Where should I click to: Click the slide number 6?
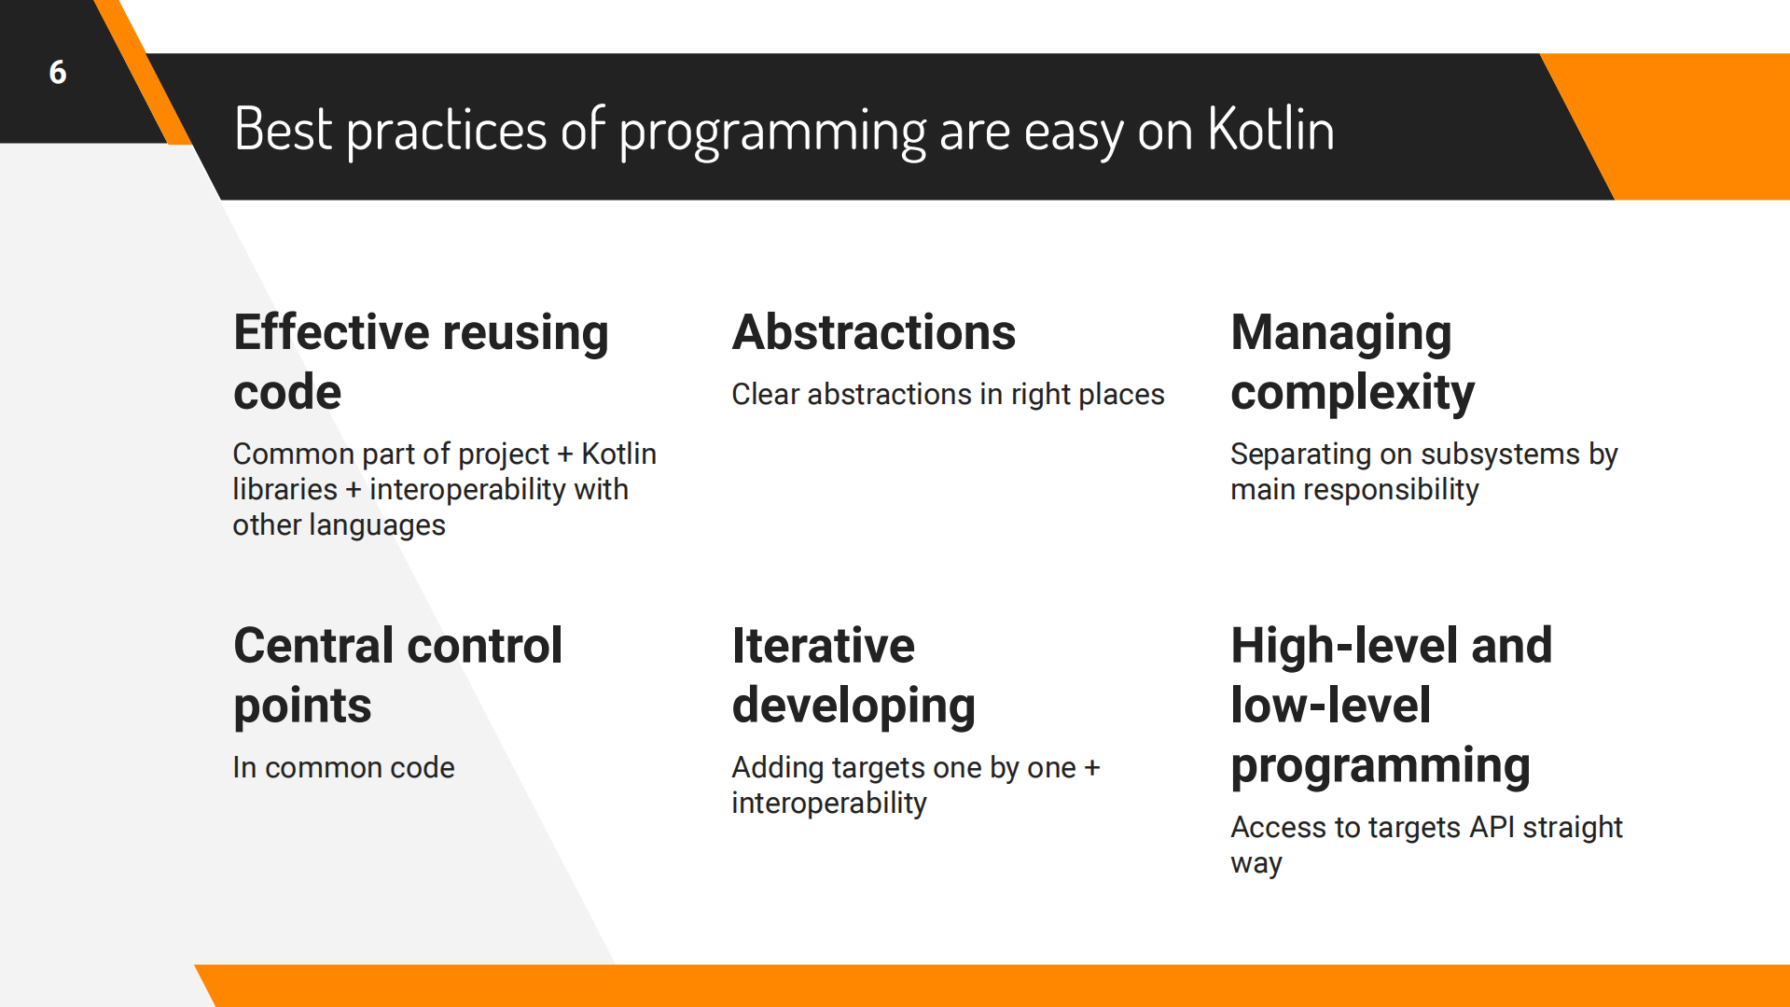58,72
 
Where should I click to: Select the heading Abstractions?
873,332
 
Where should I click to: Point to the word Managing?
1340,334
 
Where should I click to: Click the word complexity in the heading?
1352,393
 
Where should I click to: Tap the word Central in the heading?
312,646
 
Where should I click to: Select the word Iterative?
823,646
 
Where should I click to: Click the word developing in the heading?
853,706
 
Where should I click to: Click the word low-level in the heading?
1329,706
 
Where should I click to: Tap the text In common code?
343,767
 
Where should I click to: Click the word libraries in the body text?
284,489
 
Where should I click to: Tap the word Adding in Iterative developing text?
777,767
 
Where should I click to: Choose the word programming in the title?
771,131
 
